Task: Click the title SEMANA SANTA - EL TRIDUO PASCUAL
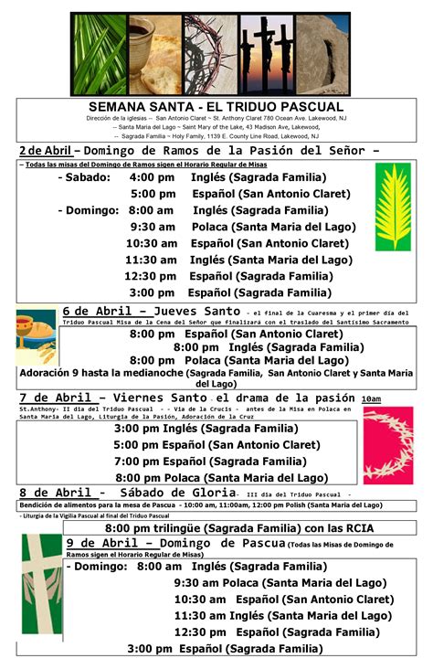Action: [x=216, y=107]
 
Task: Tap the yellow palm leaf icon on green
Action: [x=393, y=207]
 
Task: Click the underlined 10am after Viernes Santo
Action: [x=371, y=399]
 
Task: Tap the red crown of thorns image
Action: [x=388, y=445]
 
